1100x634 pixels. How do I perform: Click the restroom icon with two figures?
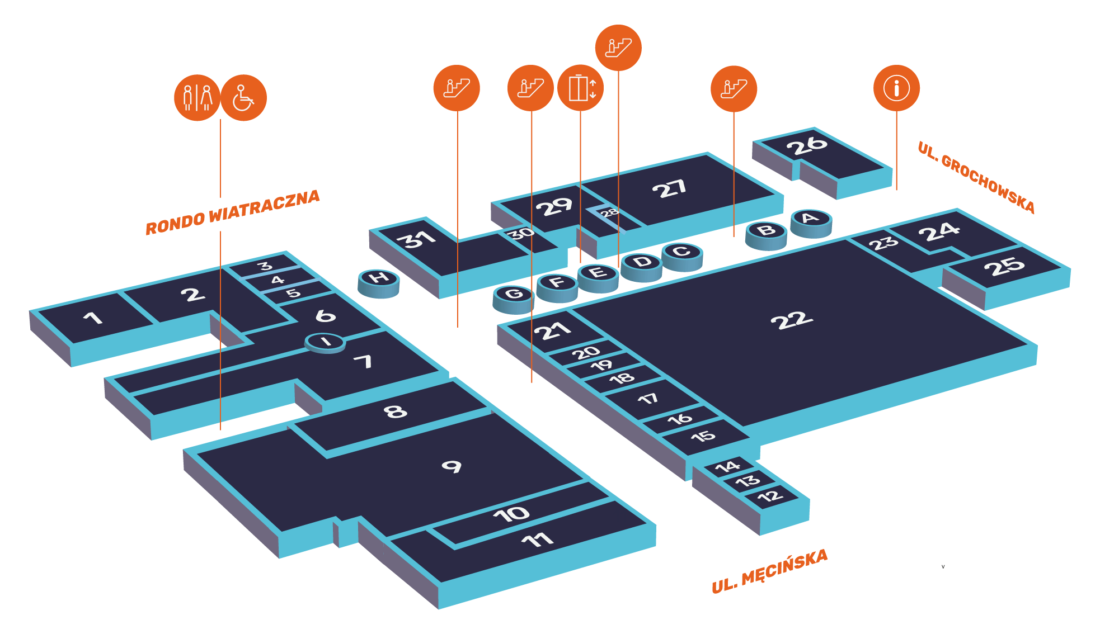[197, 98]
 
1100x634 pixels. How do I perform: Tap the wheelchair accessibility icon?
[244, 98]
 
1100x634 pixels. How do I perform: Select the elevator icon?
[581, 88]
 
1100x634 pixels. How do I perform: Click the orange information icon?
[896, 88]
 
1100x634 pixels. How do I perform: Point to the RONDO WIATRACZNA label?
[232, 212]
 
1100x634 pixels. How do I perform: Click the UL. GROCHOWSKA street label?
[976, 178]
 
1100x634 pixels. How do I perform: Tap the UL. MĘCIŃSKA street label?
[769, 571]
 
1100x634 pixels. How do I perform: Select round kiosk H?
[379, 278]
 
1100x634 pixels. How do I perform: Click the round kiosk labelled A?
[811, 218]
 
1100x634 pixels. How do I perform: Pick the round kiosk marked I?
[325, 342]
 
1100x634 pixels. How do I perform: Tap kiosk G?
[513, 294]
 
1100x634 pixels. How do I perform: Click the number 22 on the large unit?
[791, 320]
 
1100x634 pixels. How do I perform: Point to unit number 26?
[806, 146]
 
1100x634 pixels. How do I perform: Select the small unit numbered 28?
[609, 213]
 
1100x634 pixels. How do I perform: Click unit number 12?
[770, 496]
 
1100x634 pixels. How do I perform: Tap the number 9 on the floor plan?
[452, 466]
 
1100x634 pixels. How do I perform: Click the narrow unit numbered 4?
[278, 280]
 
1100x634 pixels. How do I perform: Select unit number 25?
[1004, 267]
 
